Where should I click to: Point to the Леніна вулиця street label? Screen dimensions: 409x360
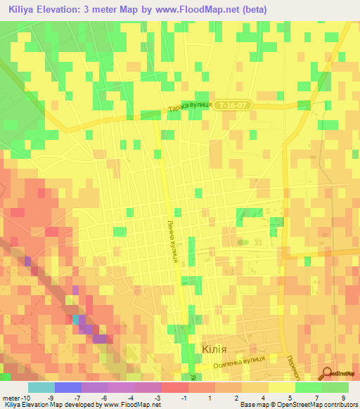pos(172,238)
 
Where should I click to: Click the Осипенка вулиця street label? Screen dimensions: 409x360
pos(236,361)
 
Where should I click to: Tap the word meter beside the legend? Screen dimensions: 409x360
pos(12,398)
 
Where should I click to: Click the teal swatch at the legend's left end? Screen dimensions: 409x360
pos(41,387)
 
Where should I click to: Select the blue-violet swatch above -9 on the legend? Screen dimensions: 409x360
pos(67,387)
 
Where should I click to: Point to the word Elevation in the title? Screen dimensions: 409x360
pos(72,10)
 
